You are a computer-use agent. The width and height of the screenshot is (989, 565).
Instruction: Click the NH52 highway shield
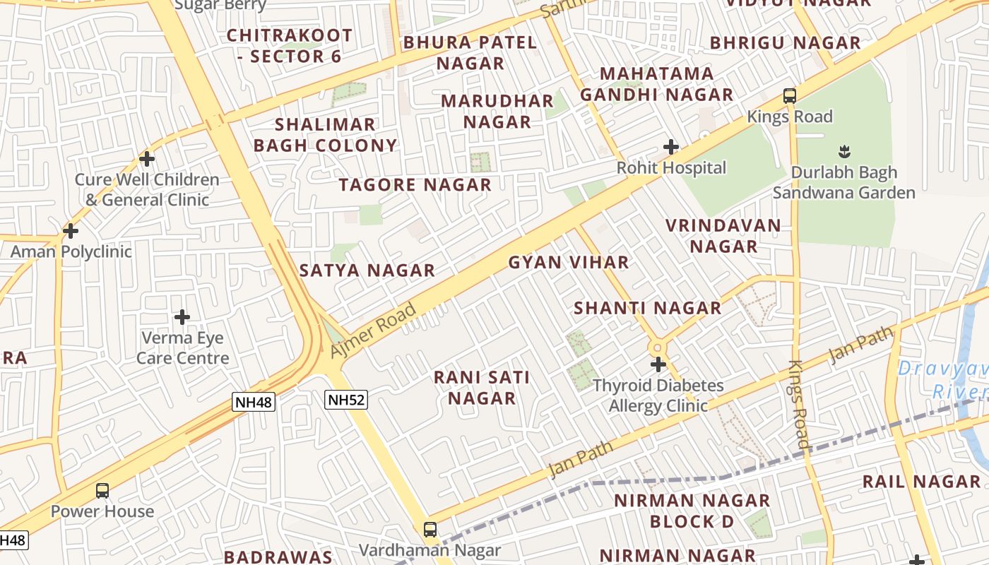click(347, 400)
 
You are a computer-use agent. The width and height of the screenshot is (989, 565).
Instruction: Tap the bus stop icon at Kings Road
click(790, 95)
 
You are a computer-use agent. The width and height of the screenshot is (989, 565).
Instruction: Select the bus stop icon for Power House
click(102, 490)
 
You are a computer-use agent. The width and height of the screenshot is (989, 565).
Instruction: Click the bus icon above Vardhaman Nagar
click(430, 529)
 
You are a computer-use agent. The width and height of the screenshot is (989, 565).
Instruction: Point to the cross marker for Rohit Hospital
click(671, 147)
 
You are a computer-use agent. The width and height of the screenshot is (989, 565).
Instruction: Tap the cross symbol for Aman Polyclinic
click(71, 230)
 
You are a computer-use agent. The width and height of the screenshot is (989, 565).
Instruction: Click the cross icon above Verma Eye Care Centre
click(182, 317)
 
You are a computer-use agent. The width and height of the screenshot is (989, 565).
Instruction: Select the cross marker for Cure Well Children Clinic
click(147, 159)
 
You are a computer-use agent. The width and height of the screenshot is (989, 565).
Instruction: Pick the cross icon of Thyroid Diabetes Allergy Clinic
click(658, 364)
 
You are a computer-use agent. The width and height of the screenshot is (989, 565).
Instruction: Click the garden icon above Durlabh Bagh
click(843, 150)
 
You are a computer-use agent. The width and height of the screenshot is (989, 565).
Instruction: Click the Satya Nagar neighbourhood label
click(367, 270)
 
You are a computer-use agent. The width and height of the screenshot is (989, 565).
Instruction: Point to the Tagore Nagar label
click(415, 185)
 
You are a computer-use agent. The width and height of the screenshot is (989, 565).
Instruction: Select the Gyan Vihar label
click(569, 263)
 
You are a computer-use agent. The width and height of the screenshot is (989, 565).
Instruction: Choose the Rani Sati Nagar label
click(482, 388)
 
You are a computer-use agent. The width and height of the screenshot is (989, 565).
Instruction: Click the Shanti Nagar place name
click(647, 308)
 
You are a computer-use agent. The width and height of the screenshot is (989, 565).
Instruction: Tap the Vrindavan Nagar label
click(723, 236)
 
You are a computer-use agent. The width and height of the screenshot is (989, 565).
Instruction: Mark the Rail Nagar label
click(921, 482)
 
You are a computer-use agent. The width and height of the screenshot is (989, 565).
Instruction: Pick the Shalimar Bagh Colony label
click(325, 135)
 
